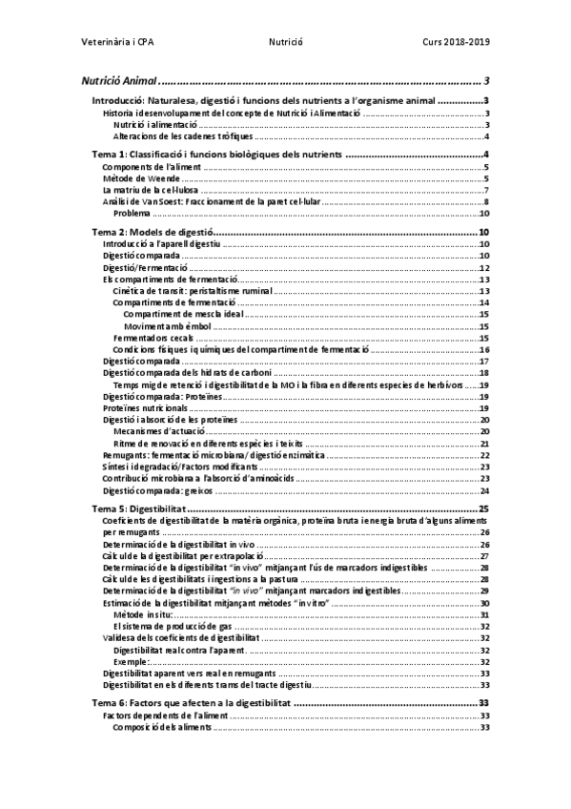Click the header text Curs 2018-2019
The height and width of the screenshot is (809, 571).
pos(457,43)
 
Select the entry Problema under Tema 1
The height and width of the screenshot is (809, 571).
pos(132,214)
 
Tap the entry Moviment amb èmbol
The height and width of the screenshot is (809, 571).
pos(168,326)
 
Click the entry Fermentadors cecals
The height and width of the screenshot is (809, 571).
pos(153,338)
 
